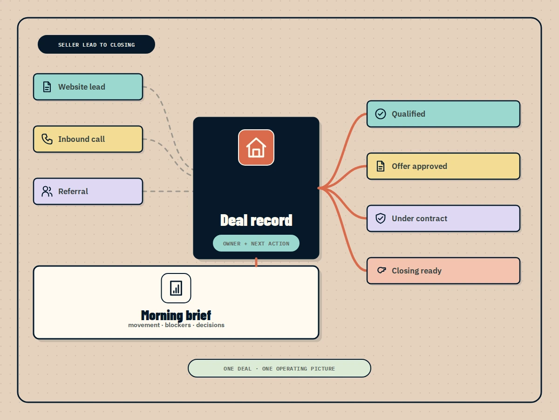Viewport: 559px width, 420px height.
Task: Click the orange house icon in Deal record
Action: pos(256,147)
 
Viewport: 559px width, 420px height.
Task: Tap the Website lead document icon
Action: pos(47,87)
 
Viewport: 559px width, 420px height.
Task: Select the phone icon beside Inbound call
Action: pos(47,139)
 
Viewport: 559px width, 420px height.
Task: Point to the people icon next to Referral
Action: pos(47,191)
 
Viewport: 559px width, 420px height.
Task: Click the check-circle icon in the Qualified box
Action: pos(381,114)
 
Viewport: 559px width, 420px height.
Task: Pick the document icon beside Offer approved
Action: pos(381,166)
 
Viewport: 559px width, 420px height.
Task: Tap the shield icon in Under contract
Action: pos(381,218)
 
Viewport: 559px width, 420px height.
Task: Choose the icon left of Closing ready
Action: pos(382,270)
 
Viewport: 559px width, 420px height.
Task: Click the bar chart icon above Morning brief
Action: pos(176,288)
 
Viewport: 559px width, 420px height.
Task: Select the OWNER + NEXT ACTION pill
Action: pos(256,243)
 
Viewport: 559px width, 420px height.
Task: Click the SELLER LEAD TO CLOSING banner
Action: pos(96,44)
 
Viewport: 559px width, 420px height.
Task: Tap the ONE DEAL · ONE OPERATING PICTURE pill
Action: pos(279,368)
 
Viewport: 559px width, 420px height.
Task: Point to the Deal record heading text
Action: pos(256,220)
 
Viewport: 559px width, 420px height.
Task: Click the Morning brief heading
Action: pos(176,315)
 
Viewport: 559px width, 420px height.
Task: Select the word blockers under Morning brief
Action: pos(178,325)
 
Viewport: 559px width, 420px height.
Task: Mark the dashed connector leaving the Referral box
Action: pos(168,191)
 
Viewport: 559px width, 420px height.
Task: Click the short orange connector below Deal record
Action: pos(256,262)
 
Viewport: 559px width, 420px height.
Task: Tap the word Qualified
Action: pos(409,114)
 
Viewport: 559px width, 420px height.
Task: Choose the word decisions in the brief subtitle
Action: pos(210,325)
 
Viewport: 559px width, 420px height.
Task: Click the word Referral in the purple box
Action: pos(73,191)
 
